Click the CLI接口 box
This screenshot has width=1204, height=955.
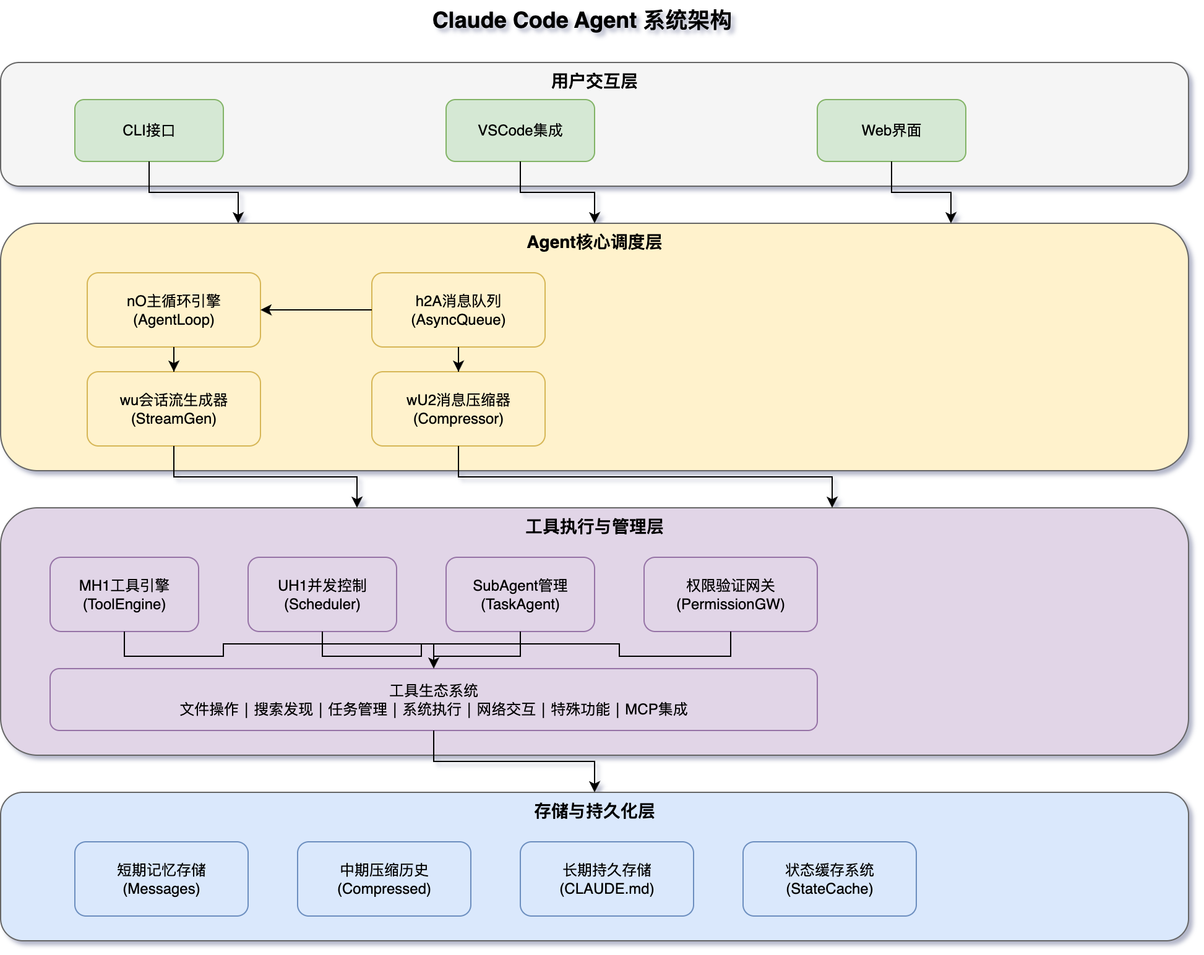tap(148, 131)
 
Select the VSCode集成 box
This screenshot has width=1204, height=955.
tap(520, 131)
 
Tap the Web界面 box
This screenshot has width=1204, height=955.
tap(891, 131)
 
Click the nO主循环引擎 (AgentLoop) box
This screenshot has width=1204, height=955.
tap(173, 310)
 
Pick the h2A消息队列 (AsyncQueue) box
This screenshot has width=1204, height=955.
tap(458, 310)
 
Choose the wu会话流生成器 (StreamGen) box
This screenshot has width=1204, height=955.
tap(173, 409)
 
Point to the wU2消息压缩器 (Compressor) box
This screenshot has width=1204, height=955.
tap(458, 409)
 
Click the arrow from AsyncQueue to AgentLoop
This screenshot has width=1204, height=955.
tap(316, 310)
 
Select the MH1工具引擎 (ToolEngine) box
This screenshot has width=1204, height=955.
tap(124, 594)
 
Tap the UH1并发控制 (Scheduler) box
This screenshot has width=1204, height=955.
tap(322, 594)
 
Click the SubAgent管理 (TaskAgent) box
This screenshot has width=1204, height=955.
tap(520, 594)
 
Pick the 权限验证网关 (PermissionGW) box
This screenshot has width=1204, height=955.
tap(730, 594)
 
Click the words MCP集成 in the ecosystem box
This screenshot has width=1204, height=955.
tap(656, 709)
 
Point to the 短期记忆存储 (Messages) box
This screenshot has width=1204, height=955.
tap(161, 879)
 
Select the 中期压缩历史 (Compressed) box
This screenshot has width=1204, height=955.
tap(384, 879)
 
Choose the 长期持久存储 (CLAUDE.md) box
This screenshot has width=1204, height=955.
tap(606, 879)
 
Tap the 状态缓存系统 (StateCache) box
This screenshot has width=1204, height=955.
tap(829, 879)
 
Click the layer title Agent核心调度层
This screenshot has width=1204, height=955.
tap(594, 242)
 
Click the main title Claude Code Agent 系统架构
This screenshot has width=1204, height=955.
tap(582, 20)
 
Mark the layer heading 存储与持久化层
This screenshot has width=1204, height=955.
tap(594, 811)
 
